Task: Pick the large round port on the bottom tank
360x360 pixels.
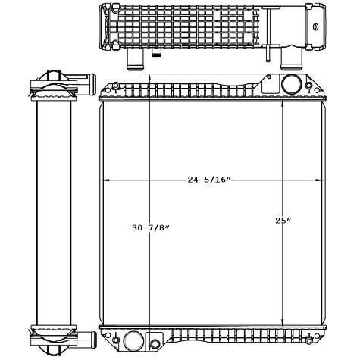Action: point(133,340)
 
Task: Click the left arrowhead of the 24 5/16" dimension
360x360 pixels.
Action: point(105,180)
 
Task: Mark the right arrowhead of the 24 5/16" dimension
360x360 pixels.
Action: point(314,180)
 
